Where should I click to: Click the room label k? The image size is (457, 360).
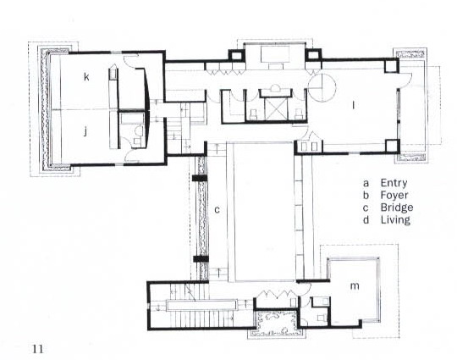pyautogui.click(x=86, y=77)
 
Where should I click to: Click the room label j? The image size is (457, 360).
pyautogui.click(x=85, y=132)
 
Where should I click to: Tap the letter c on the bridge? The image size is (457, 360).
pyautogui.click(x=217, y=209)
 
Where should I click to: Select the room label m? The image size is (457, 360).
pyautogui.click(x=355, y=285)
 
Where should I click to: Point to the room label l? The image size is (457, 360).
pyautogui.click(x=354, y=105)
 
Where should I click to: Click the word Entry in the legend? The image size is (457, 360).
pyautogui.click(x=394, y=184)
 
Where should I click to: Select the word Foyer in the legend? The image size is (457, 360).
pyautogui.click(x=394, y=195)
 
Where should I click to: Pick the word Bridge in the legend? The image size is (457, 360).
pyautogui.click(x=397, y=208)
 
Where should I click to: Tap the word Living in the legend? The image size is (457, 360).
pyautogui.click(x=395, y=219)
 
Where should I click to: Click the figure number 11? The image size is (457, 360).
pyautogui.click(x=38, y=349)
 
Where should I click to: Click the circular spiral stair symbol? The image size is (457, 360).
pyautogui.click(x=322, y=87)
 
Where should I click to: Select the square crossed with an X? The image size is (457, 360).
pyautogui.click(x=275, y=108)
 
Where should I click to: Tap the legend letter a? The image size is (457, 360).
pyautogui.click(x=366, y=184)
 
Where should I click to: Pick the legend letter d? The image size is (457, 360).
pyautogui.click(x=366, y=219)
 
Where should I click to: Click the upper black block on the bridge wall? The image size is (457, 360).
pyautogui.click(x=200, y=178)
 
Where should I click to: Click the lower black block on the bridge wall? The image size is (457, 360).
pyautogui.click(x=201, y=258)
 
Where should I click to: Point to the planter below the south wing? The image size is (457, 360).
pyautogui.click(x=277, y=322)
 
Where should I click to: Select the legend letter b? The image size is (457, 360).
pyautogui.click(x=366, y=195)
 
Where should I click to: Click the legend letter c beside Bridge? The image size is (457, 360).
pyautogui.click(x=366, y=208)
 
